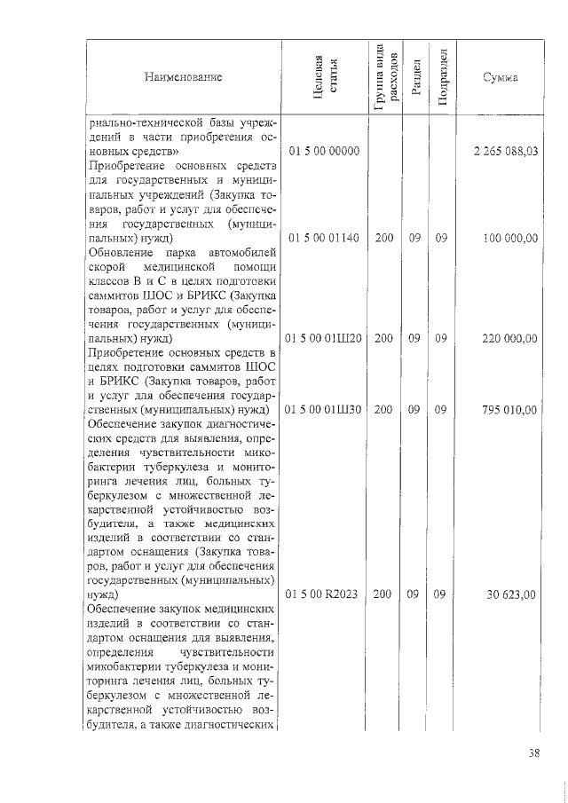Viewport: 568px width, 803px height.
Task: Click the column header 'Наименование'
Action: click(183, 77)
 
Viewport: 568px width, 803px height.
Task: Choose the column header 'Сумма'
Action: click(500, 77)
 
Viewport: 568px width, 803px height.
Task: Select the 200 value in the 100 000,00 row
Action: click(384, 239)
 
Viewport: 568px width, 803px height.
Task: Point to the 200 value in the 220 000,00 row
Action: click(384, 339)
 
